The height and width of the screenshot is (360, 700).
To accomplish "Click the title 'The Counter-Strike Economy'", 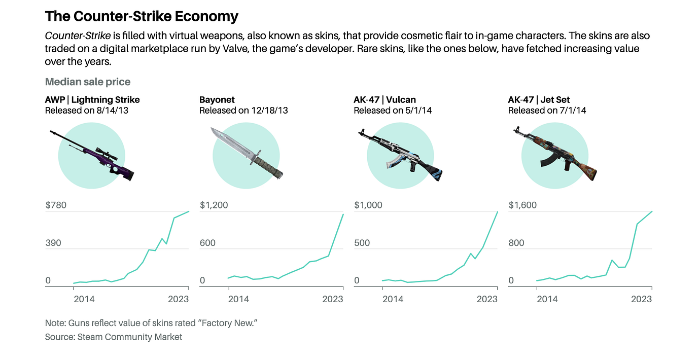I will click(x=142, y=16).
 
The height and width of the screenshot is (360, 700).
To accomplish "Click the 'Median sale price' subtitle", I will click(x=88, y=82).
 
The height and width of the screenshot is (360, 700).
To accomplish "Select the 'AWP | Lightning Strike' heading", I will click(x=92, y=99).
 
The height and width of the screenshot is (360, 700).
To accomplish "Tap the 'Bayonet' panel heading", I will click(x=217, y=99).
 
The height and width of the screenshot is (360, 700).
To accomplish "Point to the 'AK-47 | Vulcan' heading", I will click(x=384, y=99).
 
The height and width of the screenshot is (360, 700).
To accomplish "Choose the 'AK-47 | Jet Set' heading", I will click(x=539, y=99).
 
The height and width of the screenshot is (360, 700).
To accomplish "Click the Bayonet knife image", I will click(x=246, y=153).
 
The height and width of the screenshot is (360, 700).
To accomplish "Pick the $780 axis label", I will click(x=56, y=205).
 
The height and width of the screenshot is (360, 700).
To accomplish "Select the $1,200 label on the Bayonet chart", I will click(x=214, y=205).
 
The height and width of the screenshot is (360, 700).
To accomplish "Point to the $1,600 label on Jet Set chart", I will click(x=522, y=205).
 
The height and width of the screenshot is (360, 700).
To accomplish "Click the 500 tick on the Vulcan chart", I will click(x=363, y=243).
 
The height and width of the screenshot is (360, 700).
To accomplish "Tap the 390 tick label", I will click(x=53, y=243).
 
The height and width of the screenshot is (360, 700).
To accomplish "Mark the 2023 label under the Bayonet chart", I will click(x=333, y=299).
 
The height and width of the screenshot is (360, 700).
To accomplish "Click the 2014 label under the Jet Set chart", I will click(x=547, y=299).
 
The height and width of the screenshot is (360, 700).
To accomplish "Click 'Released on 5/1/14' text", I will click(x=393, y=110).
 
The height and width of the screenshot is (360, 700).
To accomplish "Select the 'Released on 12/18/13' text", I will click(x=243, y=110).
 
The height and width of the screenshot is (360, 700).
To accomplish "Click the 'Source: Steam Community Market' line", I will click(x=114, y=337).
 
